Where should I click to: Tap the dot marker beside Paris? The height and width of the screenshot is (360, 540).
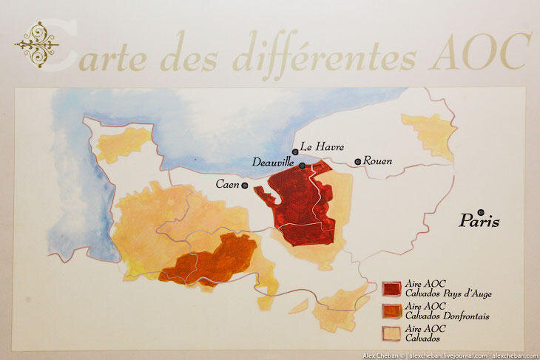point(482,212)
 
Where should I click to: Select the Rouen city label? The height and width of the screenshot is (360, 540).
point(377,160)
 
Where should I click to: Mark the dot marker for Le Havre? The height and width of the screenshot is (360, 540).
point(296,152)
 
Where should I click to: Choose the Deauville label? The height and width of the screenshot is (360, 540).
point(274,161)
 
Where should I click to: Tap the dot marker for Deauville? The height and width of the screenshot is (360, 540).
point(302,166)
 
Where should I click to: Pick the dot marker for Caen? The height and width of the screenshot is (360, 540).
point(244,186)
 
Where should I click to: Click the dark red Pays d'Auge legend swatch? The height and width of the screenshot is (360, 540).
point(391,287)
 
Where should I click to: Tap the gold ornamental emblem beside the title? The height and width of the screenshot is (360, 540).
point(36,43)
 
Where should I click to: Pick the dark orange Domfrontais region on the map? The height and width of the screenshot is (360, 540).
point(211,259)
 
